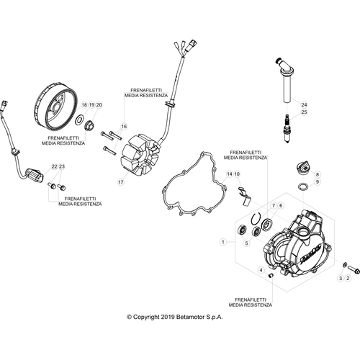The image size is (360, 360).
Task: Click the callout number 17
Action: tap(121, 182)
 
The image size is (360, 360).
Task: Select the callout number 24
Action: tap(304, 105)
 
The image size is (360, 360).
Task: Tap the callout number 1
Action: tap(223, 242)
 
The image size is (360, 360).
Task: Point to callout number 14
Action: tap(230, 174)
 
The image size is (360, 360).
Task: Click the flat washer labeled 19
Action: tap(79, 120)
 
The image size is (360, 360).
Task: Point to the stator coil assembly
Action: tap(140, 155)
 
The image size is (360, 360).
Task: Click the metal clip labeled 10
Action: tap(244, 197)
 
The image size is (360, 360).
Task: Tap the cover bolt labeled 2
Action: tap(354, 269)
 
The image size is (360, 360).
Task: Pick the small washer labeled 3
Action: tap(344, 265)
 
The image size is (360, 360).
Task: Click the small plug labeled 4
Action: tap(271, 275)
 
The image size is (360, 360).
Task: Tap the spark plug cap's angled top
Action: tap(285, 66)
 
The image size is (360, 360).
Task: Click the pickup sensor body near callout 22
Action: tap(34, 176)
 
